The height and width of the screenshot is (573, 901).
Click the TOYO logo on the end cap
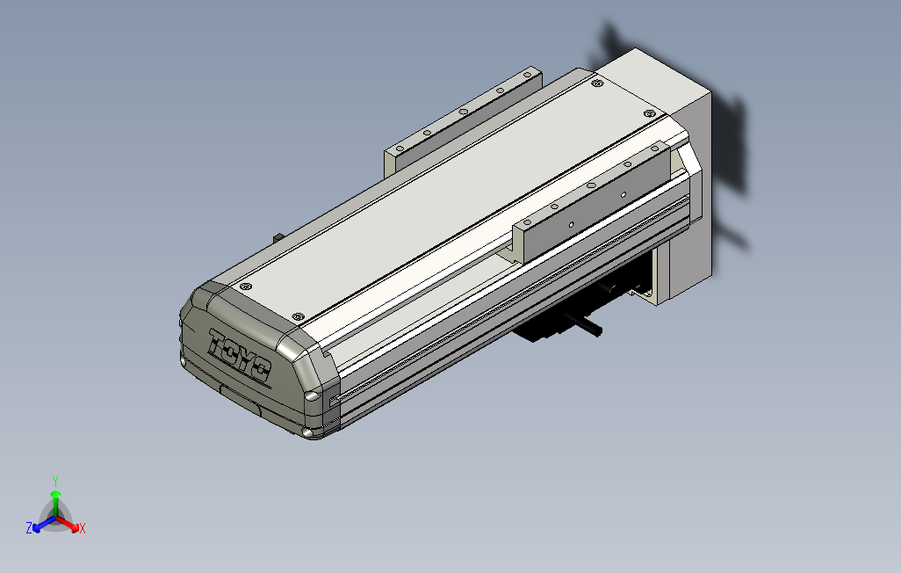click(x=240, y=357)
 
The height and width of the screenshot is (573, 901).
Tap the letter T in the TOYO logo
click(x=219, y=342)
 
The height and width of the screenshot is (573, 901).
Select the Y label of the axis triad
click(x=54, y=480)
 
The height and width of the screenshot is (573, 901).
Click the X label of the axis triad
click(x=82, y=528)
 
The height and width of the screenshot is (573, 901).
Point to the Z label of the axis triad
click(x=29, y=528)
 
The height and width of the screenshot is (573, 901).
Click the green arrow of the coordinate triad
click(x=55, y=499)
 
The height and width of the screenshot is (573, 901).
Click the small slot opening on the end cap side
click(x=333, y=402)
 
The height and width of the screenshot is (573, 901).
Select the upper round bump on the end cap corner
click(x=311, y=395)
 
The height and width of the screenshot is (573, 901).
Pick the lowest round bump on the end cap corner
click(x=307, y=432)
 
